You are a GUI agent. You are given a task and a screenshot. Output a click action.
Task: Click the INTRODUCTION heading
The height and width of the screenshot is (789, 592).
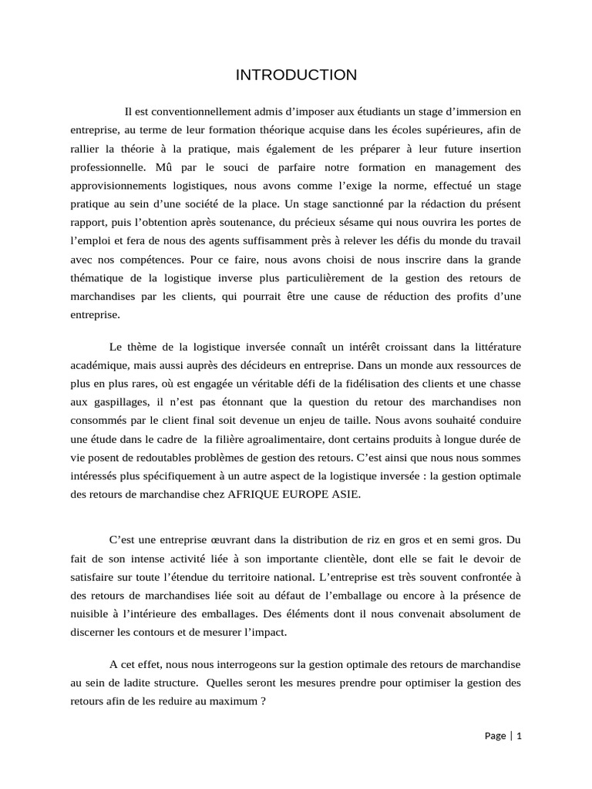pos(296,75)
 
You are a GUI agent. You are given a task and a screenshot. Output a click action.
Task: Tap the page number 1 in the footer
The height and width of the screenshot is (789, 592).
pos(520,736)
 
